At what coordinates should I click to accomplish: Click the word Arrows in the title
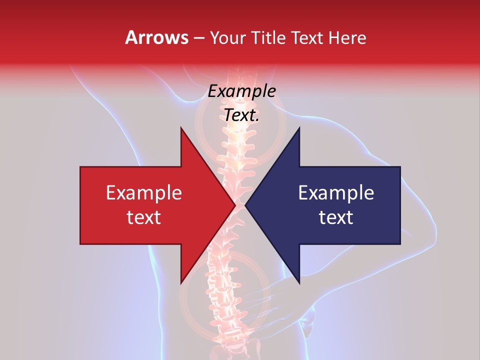[x=157, y=37]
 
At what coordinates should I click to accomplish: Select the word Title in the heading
[x=269, y=38]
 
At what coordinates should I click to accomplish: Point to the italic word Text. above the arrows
[x=241, y=115]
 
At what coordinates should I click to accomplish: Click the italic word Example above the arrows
[x=241, y=91]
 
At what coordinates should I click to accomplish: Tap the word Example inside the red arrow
[x=144, y=192]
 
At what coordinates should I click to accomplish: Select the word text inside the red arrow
[x=144, y=217]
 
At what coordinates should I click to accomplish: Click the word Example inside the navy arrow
[x=336, y=192]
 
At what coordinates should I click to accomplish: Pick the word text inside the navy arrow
[x=336, y=217]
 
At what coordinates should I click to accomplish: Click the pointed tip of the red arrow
[x=235, y=205]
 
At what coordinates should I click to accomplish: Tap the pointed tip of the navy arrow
[x=245, y=205]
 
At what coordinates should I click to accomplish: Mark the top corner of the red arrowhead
[x=181, y=128]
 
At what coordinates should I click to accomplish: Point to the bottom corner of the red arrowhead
[x=181, y=282]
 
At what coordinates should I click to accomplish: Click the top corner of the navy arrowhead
[x=299, y=128]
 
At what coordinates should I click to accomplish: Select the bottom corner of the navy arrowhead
[x=299, y=282]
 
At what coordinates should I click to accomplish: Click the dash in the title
[x=198, y=38]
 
